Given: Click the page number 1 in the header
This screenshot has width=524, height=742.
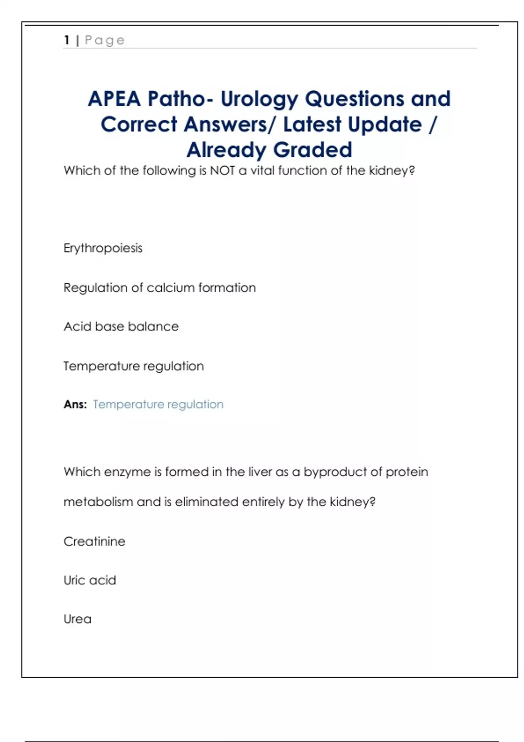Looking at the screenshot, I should coord(67,40).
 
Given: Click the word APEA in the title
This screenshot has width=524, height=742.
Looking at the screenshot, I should coord(114,99).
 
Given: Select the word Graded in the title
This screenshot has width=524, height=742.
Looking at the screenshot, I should coord(313,150).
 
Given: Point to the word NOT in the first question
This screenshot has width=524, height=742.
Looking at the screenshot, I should coord(222,170).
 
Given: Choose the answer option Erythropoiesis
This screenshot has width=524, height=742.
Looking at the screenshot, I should coord(103,248).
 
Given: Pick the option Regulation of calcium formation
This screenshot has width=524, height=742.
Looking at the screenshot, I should coord(159,288).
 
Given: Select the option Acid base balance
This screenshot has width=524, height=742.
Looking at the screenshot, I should coord(121,326).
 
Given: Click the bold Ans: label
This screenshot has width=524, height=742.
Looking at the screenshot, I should coord(75,405).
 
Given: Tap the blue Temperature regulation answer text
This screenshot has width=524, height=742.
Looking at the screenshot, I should coord(158,405).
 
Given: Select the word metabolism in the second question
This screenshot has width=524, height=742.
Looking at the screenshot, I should coord(98,502).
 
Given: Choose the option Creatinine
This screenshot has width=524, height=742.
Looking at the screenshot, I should coord(94,541).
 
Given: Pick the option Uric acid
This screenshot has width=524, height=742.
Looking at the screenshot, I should coord(90,580).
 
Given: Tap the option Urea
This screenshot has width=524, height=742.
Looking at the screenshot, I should coord(77,619).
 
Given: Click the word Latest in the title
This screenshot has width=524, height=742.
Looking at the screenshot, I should coord(312,124).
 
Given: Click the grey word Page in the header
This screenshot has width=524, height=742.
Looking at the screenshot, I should coord(105,41).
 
